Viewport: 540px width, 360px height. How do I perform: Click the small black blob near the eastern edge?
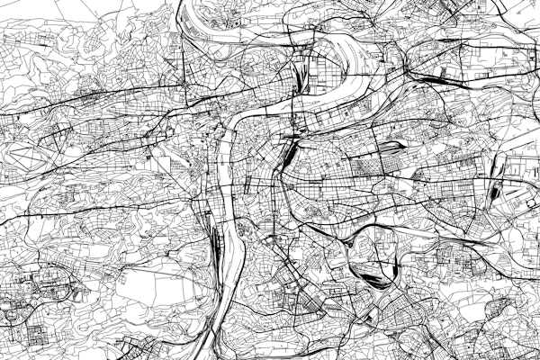(496, 191)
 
